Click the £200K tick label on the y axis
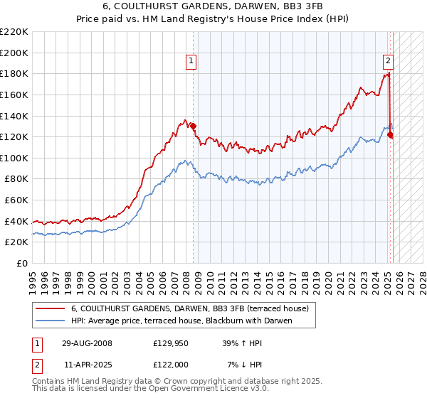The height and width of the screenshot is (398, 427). coord(14,53)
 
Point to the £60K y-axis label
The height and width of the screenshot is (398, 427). coord(16,200)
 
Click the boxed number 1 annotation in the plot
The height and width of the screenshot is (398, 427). coord(192,62)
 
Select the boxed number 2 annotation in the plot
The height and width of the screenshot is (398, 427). coord(389,62)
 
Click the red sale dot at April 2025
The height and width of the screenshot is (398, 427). coord(390,135)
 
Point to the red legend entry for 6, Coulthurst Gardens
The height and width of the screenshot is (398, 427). coord(189,309)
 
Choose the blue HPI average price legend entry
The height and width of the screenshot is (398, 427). coord(181,321)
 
